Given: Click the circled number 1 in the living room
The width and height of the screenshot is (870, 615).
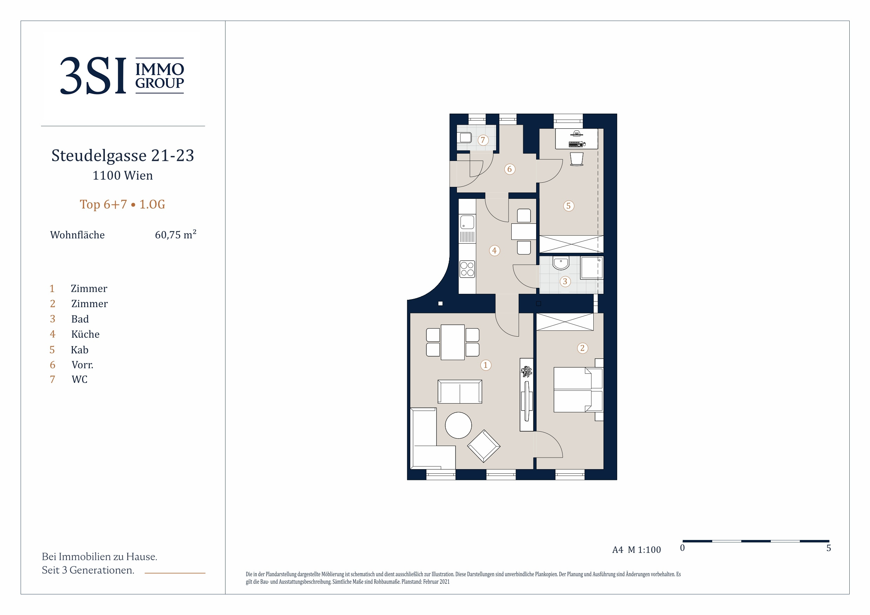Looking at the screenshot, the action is click(x=485, y=365).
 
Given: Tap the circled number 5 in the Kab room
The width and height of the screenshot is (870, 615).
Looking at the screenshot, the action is click(x=568, y=206).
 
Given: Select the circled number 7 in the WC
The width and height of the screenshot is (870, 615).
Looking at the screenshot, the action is click(x=483, y=140).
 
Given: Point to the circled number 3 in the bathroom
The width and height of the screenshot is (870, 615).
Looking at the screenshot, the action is click(x=565, y=281).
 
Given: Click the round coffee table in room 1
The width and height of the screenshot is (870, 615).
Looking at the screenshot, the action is click(x=458, y=425).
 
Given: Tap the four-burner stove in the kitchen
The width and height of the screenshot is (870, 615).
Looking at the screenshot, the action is click(x=467, y=269).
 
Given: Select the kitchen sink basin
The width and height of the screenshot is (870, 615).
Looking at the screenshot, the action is click(x=467, y=222).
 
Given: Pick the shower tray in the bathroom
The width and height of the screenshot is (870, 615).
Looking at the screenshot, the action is click(x=592, y=268).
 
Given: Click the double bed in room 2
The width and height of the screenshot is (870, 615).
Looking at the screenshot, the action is click(x=578, y=389).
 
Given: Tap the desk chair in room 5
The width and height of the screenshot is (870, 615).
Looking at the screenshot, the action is click(x=576, y=159).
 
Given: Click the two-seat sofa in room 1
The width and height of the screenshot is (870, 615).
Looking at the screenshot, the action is click(x=460, y=392).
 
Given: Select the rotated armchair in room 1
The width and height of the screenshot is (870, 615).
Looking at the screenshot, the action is click(x=484, y=446).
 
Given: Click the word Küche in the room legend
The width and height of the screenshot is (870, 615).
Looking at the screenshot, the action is click(x=85, y=334).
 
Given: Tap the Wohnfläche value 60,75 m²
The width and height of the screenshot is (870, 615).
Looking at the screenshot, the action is click(x=175, y=234).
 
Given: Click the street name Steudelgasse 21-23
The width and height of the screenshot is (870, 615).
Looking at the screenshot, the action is click(x=123, y=155).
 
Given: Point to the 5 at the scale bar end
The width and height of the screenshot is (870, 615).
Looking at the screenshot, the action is click(x=829, y=548).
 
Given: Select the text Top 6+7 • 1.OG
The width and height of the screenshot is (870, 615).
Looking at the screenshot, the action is click(x=122, y=204).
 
